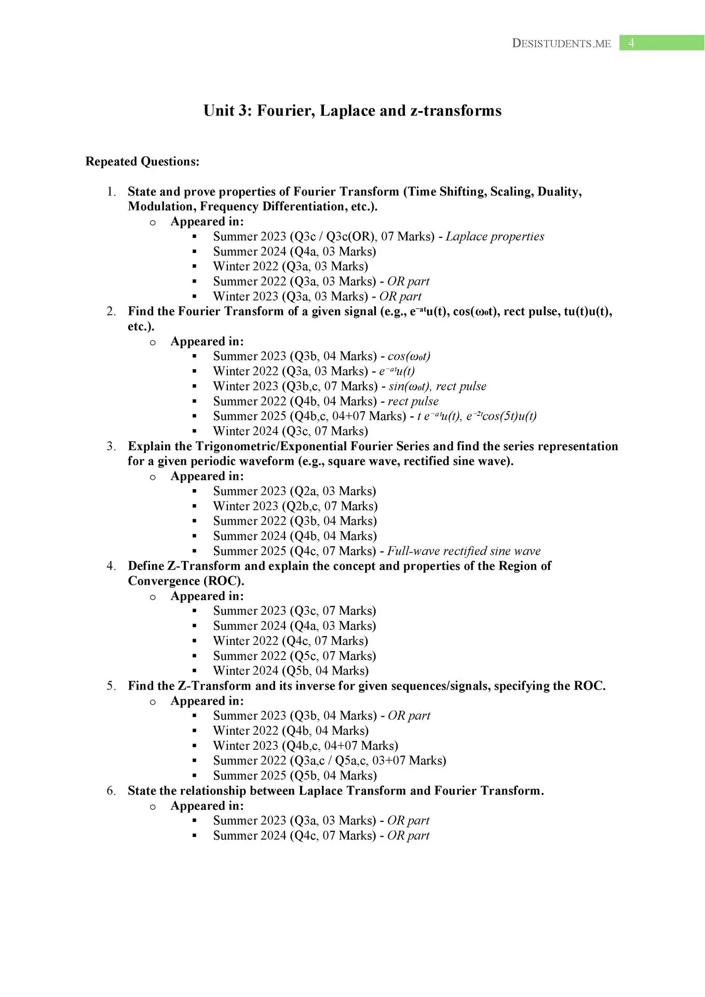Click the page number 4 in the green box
(x=631, y=43)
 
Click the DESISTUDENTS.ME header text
(x=561, y=44)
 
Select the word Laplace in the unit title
(x=347, y=111)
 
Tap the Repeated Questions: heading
(x=142, y=161)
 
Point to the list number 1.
(x=111, y=192)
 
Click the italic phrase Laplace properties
(x=495, y=237)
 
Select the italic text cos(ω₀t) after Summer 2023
(x=409, y=356)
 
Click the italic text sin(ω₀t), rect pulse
(x=437, y=386)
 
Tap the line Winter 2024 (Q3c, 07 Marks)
(x=290, y=431)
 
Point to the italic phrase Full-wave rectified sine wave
(x=464, y=551)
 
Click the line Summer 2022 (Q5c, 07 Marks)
(x=294, y=656)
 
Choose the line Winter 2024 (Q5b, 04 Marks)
(x=290, y=671)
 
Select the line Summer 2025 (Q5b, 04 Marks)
(x=294, y=776)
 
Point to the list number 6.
(x=111, y=791)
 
